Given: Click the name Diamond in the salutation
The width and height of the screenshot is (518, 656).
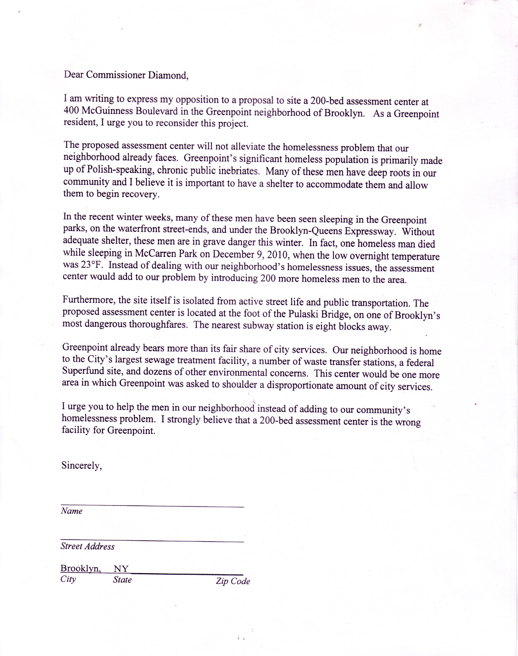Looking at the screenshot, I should [x=167, y=75].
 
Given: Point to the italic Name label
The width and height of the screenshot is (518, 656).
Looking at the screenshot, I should [x=72, y=511].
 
